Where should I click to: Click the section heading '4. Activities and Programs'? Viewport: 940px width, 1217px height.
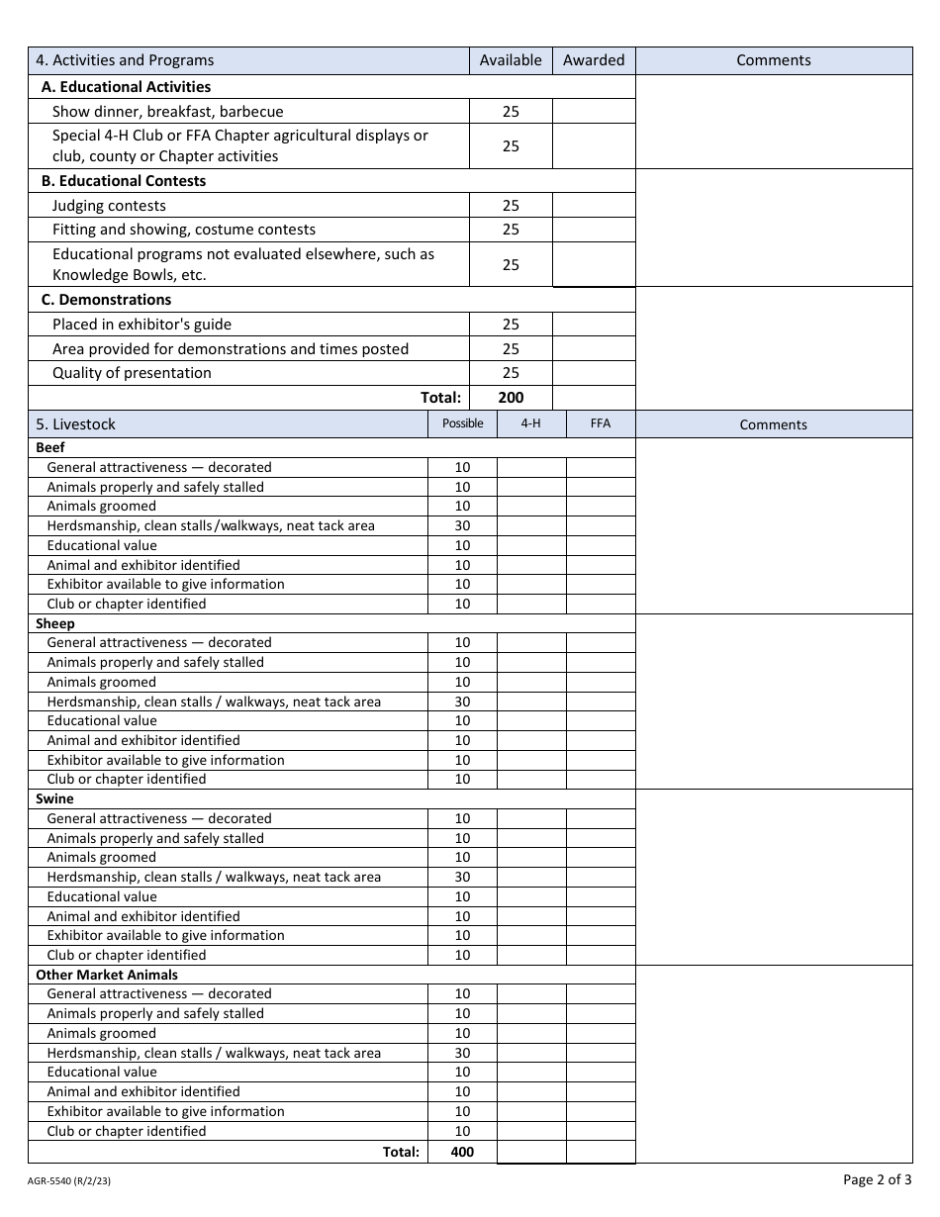coord(125,60)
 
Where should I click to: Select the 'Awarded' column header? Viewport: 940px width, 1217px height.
coord(594,60)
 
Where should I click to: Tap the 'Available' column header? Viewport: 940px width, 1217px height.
coord(511,60)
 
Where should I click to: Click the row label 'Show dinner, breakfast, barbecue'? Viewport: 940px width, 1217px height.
coord(167,112)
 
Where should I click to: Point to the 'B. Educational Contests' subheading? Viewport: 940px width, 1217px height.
coord(124,181)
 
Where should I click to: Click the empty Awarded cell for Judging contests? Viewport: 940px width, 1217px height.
coord(594,206)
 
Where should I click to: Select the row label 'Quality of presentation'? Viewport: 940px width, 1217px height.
coord(132,373)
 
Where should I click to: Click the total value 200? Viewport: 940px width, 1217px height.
coord(511,398)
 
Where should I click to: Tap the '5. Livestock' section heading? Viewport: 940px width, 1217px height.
coord(75,424)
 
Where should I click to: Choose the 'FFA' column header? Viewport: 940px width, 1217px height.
coord(601,423)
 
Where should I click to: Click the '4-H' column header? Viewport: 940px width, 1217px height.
coord(531,423)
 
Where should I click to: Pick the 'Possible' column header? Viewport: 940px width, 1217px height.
coord(462,423)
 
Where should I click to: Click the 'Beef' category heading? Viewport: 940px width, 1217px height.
coord(50,448)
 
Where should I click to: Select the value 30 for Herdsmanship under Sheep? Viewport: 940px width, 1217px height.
coord(462,702)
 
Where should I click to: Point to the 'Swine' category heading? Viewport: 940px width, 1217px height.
coord(54,798)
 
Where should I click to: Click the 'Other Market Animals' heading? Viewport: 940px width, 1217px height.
coord(107,975)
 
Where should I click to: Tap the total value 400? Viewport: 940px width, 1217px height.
coord(462,1152)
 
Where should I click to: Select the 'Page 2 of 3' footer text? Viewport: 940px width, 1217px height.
coord(877,1179)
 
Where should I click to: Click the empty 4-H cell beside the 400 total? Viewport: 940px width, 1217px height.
coord(531,1152)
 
